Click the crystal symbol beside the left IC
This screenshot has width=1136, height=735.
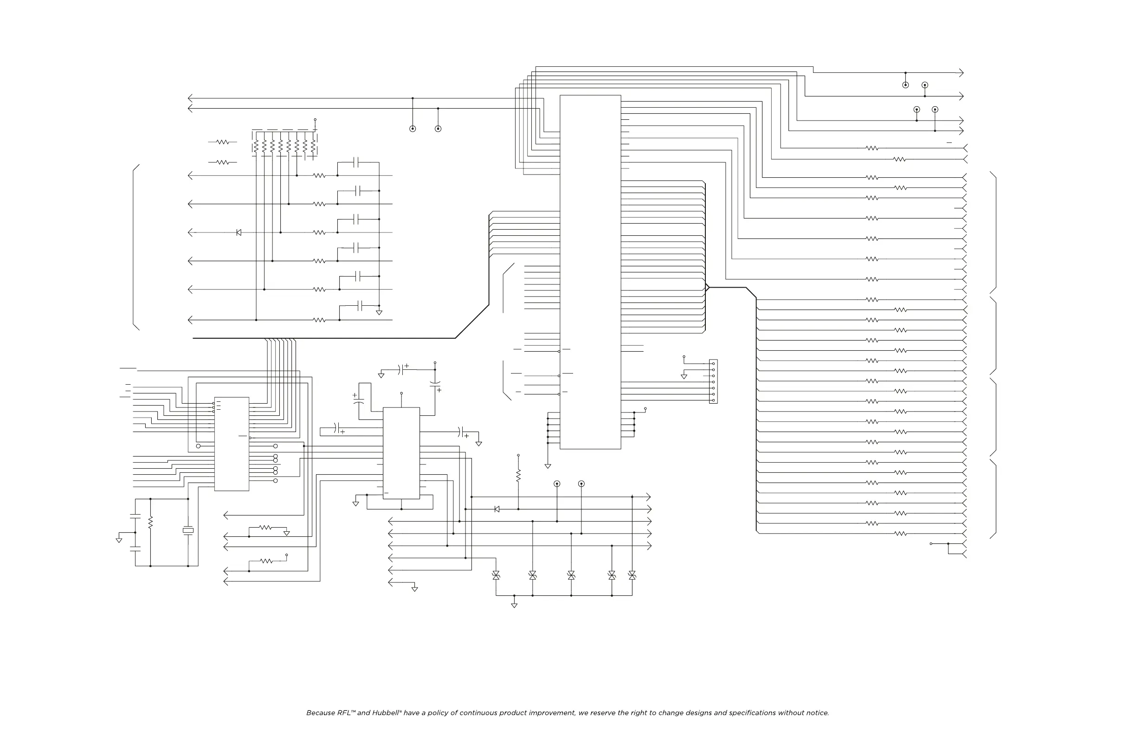(x=188, y=530)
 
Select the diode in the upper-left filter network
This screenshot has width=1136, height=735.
(x=239, y=232)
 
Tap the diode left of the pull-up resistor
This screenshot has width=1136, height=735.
(x=497, y=509)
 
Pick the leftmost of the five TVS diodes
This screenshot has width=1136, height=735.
(x=496, y=575)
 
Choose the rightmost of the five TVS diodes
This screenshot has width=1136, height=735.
(x=632, y=575)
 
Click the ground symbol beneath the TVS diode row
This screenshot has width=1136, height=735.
(x=514, y=605)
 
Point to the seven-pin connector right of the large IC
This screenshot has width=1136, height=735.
(x=713, y=381)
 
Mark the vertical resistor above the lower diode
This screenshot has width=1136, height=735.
(x=518, y=475)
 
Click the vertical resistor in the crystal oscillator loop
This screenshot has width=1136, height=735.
(x=150, y=522)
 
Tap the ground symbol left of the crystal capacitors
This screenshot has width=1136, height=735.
(x=119, y=540)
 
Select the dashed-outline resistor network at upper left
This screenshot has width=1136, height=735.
(x=284, y=143)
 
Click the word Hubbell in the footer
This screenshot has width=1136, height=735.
(x=386, y=713)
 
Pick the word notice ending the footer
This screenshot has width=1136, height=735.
(x=818, y=713)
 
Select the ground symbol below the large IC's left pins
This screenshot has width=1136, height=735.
(x=548, y=466)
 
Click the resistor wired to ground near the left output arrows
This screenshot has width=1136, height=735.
(x=265, y=528)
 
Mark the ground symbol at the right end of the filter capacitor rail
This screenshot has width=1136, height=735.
(x=379, y=313)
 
